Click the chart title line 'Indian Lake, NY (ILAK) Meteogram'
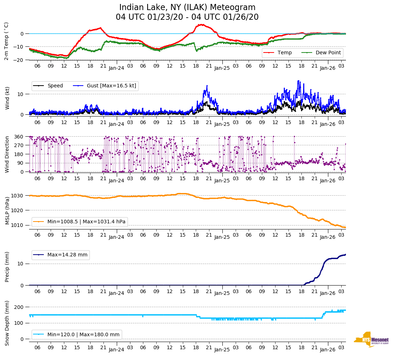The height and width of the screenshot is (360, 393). tap(187, 8)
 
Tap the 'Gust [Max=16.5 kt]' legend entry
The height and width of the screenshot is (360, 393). tap(105, 86)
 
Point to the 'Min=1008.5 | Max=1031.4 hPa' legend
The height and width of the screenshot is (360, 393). tap(79, 222)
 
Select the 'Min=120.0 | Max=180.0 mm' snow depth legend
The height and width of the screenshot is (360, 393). tap(77, 335)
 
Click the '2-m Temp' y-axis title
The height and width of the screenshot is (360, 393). tap(6, 41)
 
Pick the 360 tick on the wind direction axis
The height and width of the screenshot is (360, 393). tap(19, 137)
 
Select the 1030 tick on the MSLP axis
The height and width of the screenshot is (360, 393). tap(18, 196)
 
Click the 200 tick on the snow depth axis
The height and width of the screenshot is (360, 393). tap(19, 307)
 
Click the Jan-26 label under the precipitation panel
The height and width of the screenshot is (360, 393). tap(328, 293)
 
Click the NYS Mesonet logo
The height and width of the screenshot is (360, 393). tap(371, 340)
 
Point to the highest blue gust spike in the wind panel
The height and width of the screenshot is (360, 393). tap(298, 81)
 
